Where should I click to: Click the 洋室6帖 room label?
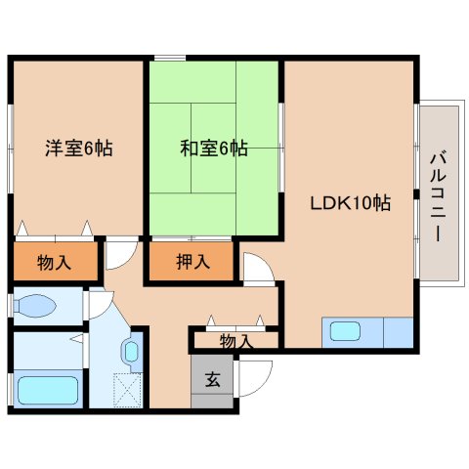78,149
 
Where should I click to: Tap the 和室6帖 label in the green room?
213,149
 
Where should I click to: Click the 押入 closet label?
192,261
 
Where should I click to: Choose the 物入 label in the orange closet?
54,261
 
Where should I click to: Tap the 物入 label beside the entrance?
235,341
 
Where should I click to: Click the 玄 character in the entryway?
212,379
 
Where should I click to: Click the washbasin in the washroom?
131,351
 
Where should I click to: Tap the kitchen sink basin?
346,331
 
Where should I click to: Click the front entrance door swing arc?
256,376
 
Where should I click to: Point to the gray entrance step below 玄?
212,403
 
